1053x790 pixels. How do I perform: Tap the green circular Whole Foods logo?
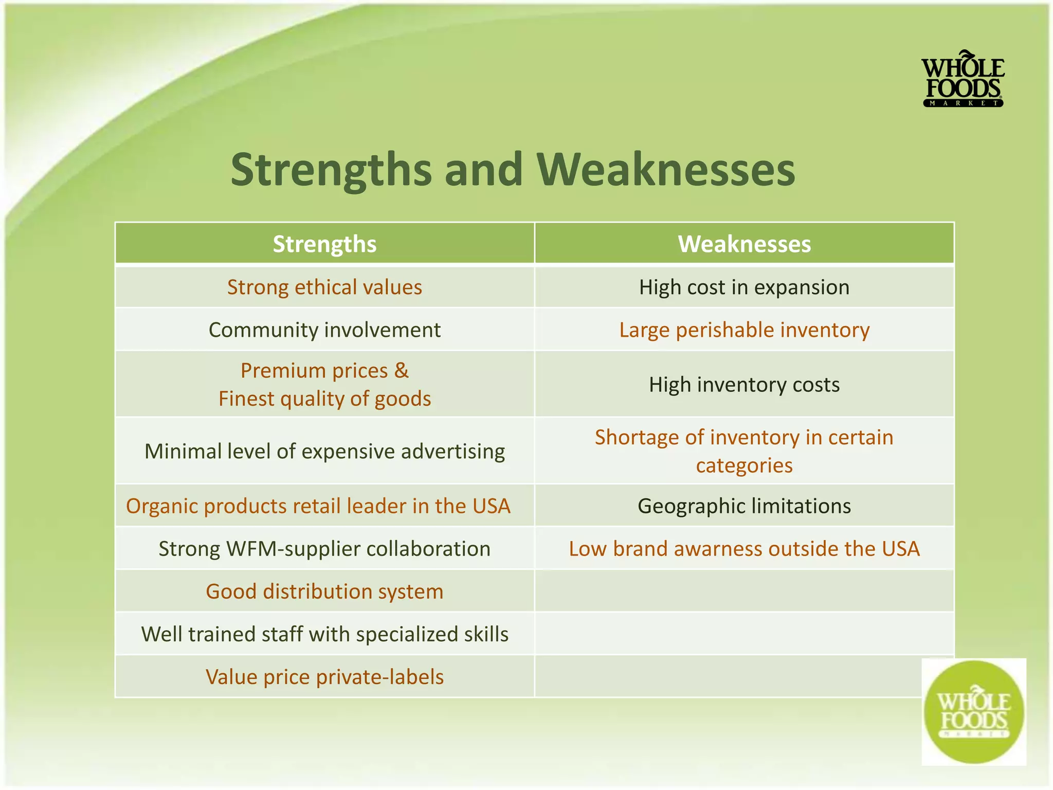pos(973,711)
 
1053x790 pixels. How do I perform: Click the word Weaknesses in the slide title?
pos(666,170)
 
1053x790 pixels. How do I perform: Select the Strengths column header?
pos(324,244)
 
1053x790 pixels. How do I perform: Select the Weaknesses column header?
pos(744,244)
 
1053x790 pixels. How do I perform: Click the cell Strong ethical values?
pos(324,287)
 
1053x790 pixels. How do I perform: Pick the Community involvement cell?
pos(324,330)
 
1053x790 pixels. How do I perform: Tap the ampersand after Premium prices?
pos(402,370)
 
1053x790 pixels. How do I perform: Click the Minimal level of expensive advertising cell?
pos(324,451)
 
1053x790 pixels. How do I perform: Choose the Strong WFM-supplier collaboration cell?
pos(324,549)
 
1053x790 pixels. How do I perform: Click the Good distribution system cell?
pos(324,591)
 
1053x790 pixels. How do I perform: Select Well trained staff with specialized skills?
pos(324,634)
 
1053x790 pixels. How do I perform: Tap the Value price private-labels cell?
pos(324,677)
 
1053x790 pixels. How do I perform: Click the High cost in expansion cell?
pos(744,287)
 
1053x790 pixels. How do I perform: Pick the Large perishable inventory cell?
pos(744,330)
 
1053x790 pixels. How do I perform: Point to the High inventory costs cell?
pos(744,385)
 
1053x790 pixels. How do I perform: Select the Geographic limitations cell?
pos(744,506)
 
